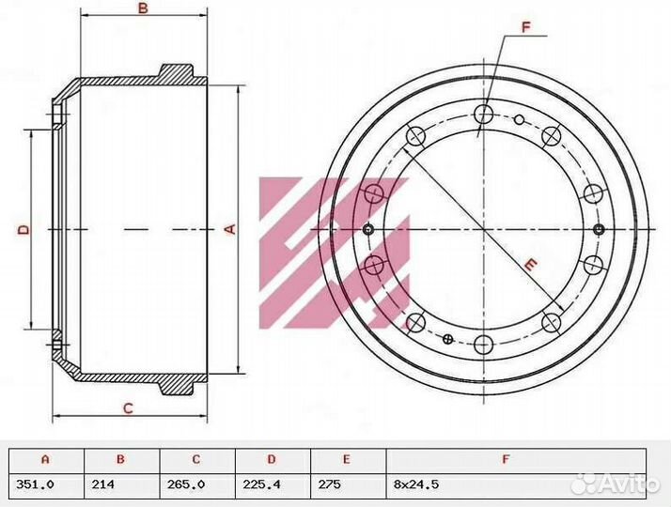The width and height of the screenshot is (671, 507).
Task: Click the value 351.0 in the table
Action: coord(35,484)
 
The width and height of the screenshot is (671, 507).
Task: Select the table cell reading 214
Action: coord(103,484)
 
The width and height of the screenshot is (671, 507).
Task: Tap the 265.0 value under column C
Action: coord(186,484)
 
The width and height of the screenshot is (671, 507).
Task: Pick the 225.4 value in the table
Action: coord(261,484)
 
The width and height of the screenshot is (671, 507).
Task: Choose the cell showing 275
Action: coord(330,484)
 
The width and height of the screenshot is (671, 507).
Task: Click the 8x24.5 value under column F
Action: coord(416,484)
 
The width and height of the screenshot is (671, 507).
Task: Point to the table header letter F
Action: coord(506,459)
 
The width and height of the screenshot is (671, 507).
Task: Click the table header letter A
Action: coord(45,459)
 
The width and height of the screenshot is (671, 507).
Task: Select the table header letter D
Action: coord(272,459)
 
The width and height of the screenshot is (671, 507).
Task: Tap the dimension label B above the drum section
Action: coord(143,8)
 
